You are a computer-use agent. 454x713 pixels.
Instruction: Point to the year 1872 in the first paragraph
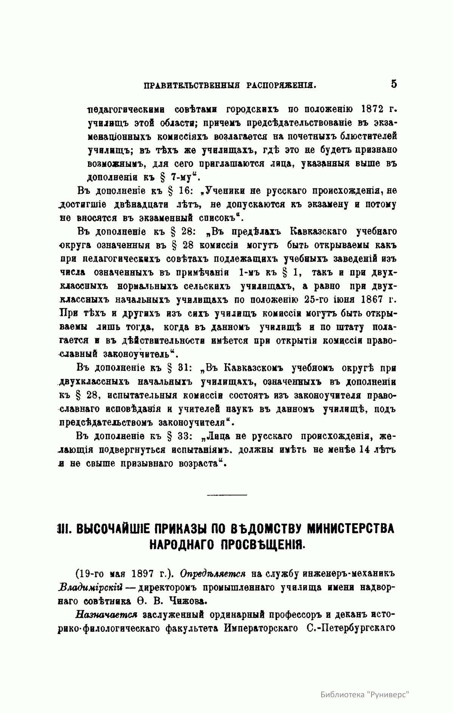coord(376,110)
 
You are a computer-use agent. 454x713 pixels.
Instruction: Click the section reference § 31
coord(181,368)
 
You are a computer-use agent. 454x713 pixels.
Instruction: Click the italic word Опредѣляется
coord(213,573)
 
